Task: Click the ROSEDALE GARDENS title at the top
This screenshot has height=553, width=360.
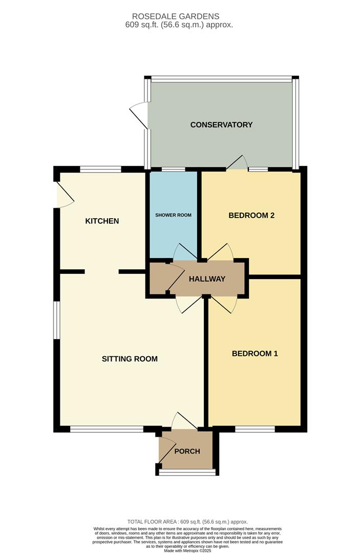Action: pyautogui.click(x=176, y=16)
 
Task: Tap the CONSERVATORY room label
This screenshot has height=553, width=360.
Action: pyautogui.click(x=221, y=124)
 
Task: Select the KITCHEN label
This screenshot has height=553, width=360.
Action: pyautogui.click(x=102, y=221)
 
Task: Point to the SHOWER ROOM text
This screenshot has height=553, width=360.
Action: pyautogui.click(x=174, y=215)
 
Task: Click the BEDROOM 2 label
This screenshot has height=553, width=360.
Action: pyautogui.click(x=251, y=215)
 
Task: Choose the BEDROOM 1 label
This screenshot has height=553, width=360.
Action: pyautogui.click(x=255, y=353)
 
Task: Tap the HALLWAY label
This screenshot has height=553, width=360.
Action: pyautogui.click(x=207, y=279)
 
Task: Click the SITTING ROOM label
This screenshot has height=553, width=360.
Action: pyautogui.click(x=130, y=358)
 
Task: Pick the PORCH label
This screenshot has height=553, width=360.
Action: pyautogui.click(x=187, y=451)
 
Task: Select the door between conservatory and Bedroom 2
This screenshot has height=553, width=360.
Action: pyautogui.click(x=237, y=163)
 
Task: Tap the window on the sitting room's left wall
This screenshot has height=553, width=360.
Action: pyautogui.click(x=57, y=320)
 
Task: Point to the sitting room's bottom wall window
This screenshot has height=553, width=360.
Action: pyautogui.click(x=107, y=429)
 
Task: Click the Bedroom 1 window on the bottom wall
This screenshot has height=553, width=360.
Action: pyautogui.click(x=255, y=429)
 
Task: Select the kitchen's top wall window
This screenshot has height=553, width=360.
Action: pyautogui.click(x=100, y=169)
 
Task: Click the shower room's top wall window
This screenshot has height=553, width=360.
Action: pyautogui.click(x=173, y=169)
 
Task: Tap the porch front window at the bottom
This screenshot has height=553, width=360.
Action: pyautogui.click(x=187, y=472)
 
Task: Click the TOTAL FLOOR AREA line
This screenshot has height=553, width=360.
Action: pyautogui.click(x=187, y=522)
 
